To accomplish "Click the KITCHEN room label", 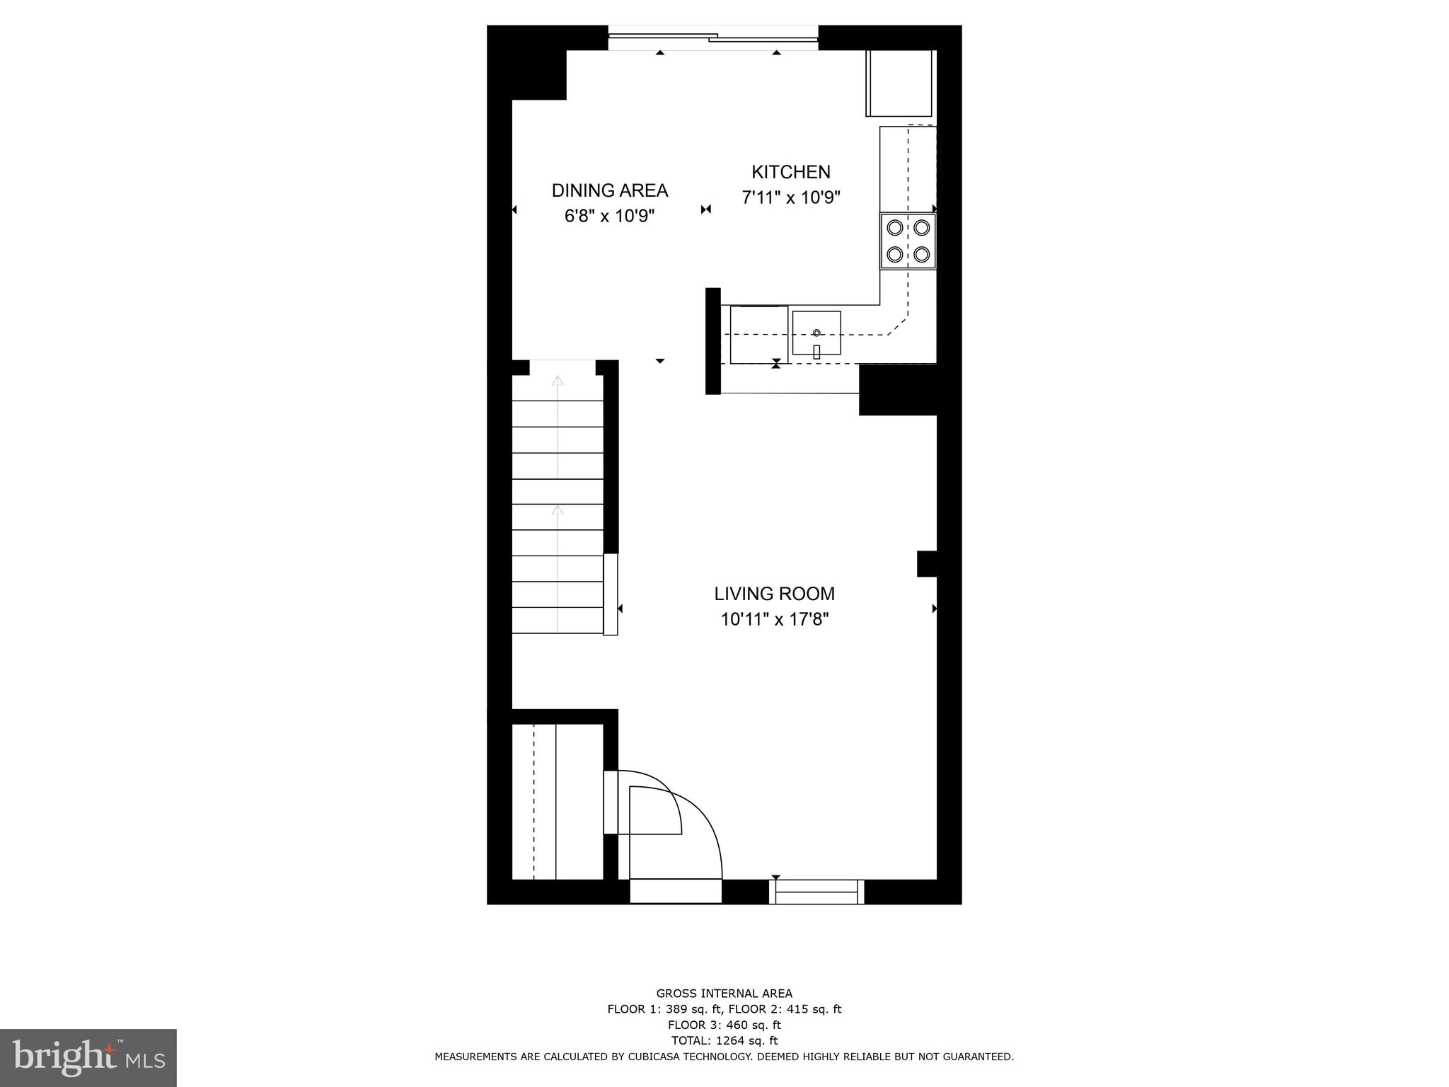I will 790,172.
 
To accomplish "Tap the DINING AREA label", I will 609,190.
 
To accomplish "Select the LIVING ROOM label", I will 774,594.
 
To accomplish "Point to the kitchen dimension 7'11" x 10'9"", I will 790,197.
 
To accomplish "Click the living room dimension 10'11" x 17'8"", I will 774,619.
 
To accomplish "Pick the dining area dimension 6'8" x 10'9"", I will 609,216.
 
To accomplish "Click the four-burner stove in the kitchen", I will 908,241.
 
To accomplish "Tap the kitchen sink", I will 816,333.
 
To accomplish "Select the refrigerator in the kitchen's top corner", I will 899,83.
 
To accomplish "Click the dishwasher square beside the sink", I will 758,334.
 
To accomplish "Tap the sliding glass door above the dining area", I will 713,38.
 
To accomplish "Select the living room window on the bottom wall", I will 816,892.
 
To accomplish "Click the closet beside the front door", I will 558,801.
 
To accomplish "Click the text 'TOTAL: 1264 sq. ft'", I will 724,1040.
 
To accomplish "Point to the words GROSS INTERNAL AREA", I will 724,994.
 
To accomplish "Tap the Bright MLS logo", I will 88,1057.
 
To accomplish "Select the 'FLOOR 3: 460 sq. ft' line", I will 724,1025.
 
